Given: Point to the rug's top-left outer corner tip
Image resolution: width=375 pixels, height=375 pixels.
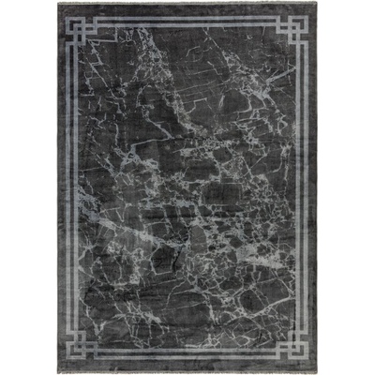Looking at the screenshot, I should tap(56, 4).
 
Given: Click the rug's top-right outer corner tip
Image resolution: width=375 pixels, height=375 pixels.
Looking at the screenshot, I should tap(320, 4).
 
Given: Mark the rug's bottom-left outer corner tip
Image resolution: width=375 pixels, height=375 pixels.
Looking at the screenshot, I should tap(54, 371).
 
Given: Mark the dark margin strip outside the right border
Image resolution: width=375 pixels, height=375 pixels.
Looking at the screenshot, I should tap(316, 187).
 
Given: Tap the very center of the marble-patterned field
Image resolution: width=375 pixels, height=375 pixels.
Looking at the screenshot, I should tap(187, 187).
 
